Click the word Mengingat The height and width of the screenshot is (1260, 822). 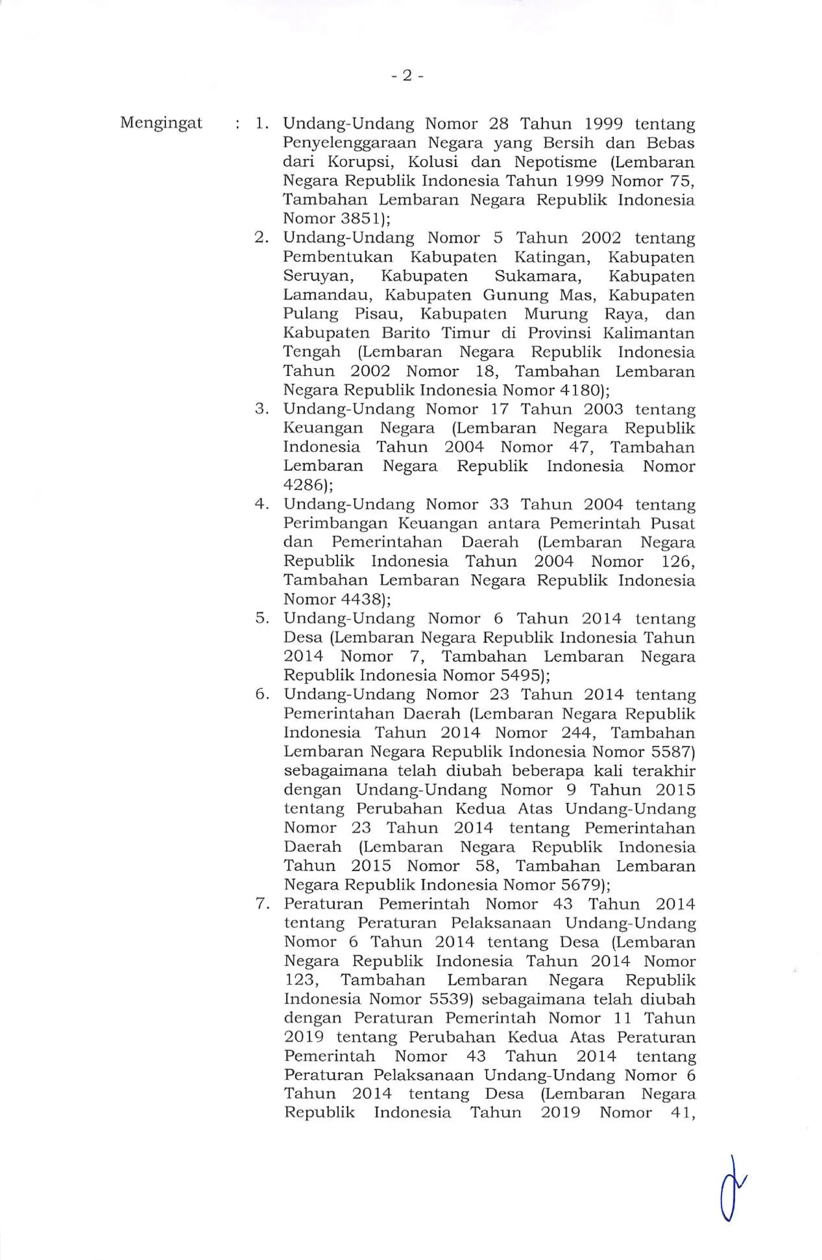click(161, 123)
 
